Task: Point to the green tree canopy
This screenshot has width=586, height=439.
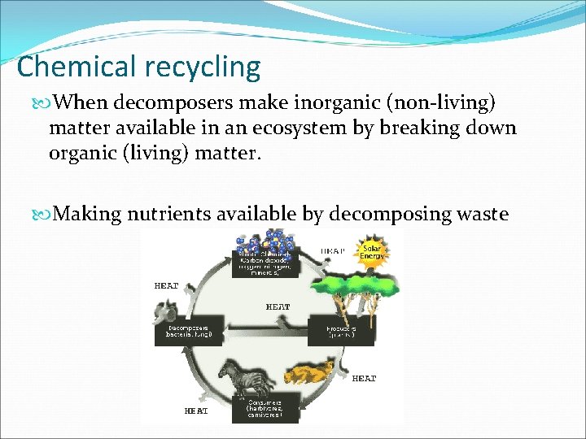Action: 357,285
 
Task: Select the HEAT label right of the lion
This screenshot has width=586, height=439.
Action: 363,379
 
